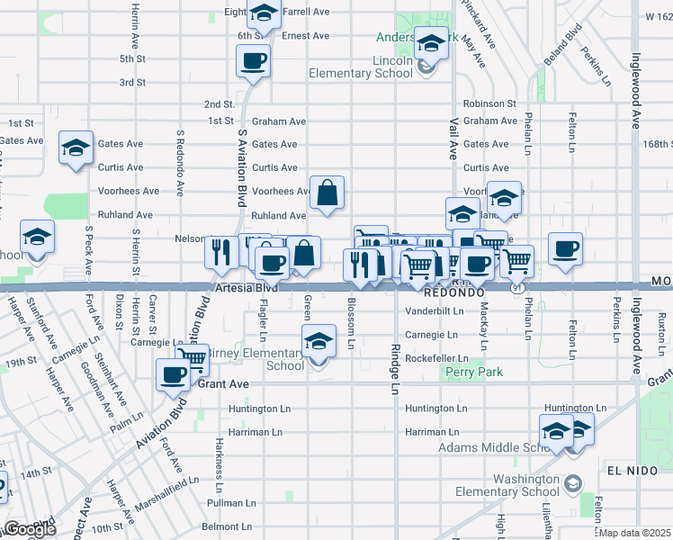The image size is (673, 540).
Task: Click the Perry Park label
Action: [477, 372]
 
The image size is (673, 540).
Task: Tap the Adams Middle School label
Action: [493, 447]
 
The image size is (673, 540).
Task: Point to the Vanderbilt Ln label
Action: [434, 311]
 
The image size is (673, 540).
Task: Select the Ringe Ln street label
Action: [394, 368]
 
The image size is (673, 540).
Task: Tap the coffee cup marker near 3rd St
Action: [253, 61]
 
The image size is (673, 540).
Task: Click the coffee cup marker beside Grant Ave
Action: [174, 375]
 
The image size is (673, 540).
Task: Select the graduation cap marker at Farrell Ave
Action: [264, 13]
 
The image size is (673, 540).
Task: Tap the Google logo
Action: [30, 529]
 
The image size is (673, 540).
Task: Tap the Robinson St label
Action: [489, 104]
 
